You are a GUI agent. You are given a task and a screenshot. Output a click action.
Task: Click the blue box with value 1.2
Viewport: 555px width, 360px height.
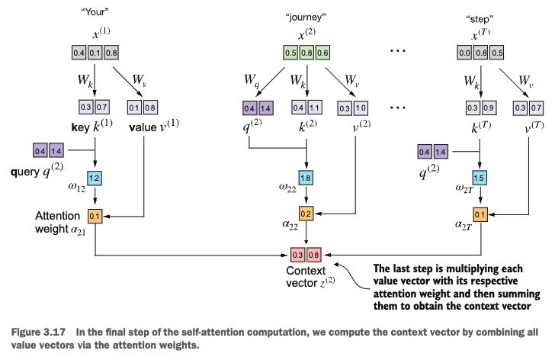tap(95, 178)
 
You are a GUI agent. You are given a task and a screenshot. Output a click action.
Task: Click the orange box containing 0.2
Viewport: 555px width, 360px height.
tap(306, 214)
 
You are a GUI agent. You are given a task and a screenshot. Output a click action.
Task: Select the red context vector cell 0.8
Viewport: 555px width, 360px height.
tap(314, 252)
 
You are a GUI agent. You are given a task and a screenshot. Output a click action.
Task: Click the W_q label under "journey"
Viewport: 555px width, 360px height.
tap(251, 79)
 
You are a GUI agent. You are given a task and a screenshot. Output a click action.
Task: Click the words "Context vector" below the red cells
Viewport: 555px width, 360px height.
tap(305, 277)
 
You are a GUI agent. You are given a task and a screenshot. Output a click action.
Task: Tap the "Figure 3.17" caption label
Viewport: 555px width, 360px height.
tap(35, 333)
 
